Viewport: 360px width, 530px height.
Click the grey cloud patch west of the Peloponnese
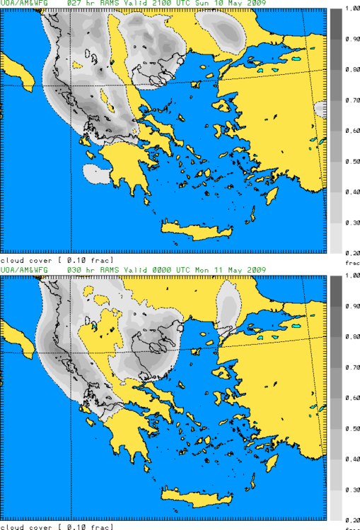(95, 173)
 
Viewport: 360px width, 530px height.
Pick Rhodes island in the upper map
(271, 195)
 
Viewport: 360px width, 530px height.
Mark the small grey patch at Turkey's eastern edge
(320, 109)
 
